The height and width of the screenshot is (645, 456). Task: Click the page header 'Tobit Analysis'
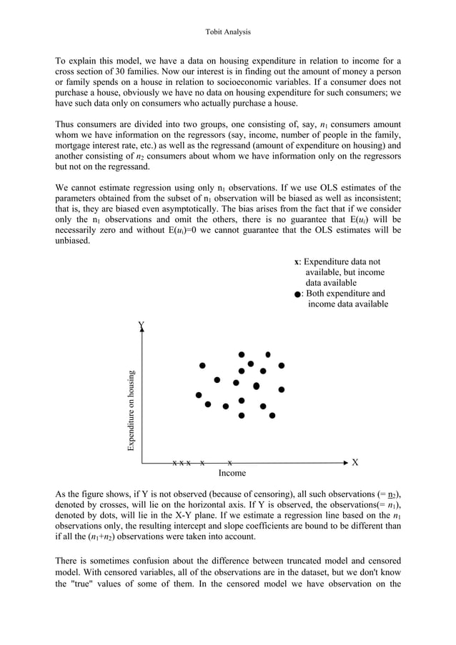pos(228,32)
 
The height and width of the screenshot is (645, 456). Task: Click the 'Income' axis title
pos(232,473)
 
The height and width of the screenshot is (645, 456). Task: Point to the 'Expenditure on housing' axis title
pos(131,411)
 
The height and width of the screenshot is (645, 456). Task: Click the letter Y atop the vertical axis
pos(142,326)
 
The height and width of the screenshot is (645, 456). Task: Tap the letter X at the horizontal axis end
pos(355,462)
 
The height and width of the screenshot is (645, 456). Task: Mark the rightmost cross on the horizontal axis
pos(229,463)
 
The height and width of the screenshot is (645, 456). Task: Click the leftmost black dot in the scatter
pos(199,395)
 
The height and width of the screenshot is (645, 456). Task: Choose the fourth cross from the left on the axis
pos(203,463)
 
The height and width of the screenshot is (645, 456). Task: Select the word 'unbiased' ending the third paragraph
pos(74,241)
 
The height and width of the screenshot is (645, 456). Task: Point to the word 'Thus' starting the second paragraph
pos(65,124)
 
